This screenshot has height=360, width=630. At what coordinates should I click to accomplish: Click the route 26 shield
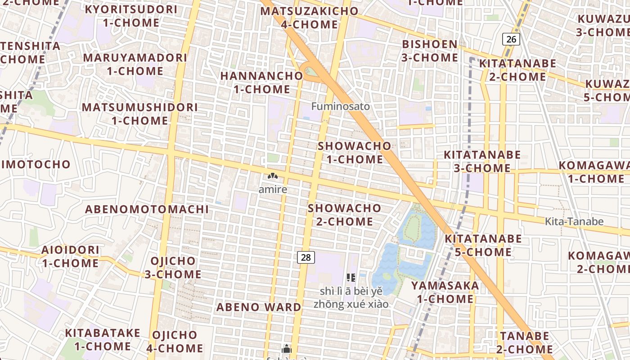pyautogui.click(x=511, y=39)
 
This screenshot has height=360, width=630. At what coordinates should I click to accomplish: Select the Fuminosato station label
pyautogui.click(x=341, y=107)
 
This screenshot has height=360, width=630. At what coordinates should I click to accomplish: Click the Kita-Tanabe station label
pyautogui.click(x=574, y=221)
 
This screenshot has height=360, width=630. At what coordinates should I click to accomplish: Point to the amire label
pyautogui.click(x=273, y=189)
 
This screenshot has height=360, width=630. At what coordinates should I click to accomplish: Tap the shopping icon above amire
pyautogui.click(x=273, y=176)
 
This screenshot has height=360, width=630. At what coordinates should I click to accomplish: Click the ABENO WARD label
pyautogui.click(x=259, y=307)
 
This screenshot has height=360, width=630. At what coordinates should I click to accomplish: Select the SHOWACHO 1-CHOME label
pyautogui.click(x=355, y=153)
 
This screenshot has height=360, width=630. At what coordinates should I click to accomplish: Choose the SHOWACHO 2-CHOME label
pyautogui.click(x=345, y=215)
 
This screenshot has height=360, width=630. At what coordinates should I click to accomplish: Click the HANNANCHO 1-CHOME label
pyautogui.click(x=261, y=82)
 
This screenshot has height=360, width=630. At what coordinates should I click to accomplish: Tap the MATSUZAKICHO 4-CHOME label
pyautogui.click(x=310, y=18)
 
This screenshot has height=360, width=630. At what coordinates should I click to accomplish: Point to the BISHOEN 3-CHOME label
pyautogui.click(x=430, y=51)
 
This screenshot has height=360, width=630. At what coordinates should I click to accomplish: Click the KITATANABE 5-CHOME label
pyautogui.click(x=483, y=245)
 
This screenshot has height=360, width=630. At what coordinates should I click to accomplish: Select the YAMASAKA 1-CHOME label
pyautogui.click(x=445, y=292)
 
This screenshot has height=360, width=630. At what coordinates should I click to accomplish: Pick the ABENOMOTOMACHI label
pyautogui.click(x=147, y=209)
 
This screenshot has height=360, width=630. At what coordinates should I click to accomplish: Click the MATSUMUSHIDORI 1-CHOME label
pyautogui.click(x=140, y=114)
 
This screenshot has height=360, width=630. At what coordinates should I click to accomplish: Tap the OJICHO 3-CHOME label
pyautogui.click(x=173, y=267)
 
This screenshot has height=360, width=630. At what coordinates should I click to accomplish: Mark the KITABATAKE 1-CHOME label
pyautogui.click(x=103, y=339)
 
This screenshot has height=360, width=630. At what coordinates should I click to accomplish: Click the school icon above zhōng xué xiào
pyautogui.click(x=351, y=278)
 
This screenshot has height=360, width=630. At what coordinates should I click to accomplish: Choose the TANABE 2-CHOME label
pyautogui.click(x=525, y=342)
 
